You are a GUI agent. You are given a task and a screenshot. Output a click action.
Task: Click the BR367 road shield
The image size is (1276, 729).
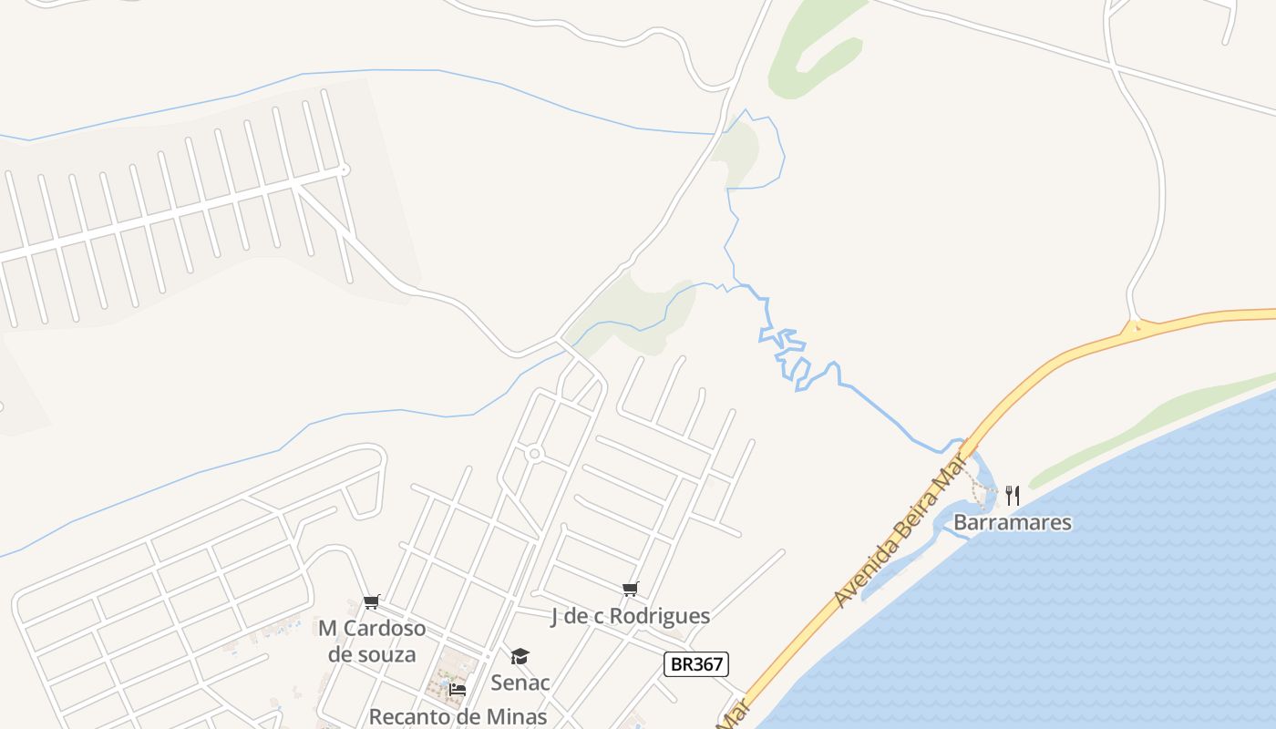pos(696,664)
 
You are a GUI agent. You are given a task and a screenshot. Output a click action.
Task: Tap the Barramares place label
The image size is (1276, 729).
pos(1012,523)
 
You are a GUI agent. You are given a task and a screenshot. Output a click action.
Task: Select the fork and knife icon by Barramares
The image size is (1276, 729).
pos(1012,496)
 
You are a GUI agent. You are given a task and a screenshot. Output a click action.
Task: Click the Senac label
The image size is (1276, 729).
pos(520,683)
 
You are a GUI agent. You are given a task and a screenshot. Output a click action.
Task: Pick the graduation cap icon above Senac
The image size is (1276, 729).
pos(520,656)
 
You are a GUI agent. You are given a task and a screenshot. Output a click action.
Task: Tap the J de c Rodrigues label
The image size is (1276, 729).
pos(630,617)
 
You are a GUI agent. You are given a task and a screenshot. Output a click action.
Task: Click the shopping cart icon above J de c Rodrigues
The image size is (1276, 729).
pos(630,590)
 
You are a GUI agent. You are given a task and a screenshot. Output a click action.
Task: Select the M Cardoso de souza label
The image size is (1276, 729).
pos(371,642)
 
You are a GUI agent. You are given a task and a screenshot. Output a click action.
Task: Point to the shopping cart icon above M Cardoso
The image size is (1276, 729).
pos(371,602)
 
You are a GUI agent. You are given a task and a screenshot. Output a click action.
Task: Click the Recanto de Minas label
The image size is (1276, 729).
pos(457,716)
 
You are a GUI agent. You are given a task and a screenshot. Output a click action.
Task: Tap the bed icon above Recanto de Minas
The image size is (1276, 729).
pos(458,690)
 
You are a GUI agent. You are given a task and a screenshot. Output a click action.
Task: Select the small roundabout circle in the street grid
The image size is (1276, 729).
pos(535,453)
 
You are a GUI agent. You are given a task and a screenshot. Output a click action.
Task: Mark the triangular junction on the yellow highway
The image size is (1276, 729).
pos(1134,327)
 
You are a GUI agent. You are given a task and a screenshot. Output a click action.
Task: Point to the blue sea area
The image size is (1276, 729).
pos(1094,592)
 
